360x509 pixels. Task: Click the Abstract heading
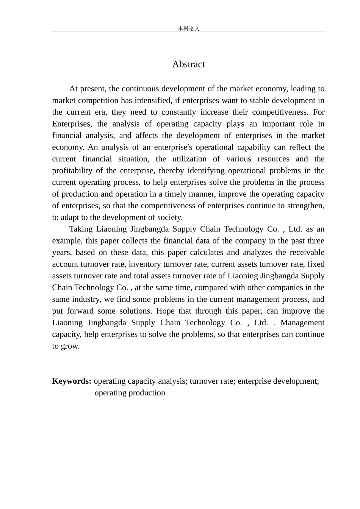click(188, 64)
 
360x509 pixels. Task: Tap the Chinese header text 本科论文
click(188, 28)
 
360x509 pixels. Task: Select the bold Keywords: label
click(72, 381)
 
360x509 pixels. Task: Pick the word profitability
click(70, 171)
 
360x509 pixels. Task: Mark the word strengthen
click(307, 206)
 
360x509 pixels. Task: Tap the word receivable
click(307, 253)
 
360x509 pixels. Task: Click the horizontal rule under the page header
click(188, 32)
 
